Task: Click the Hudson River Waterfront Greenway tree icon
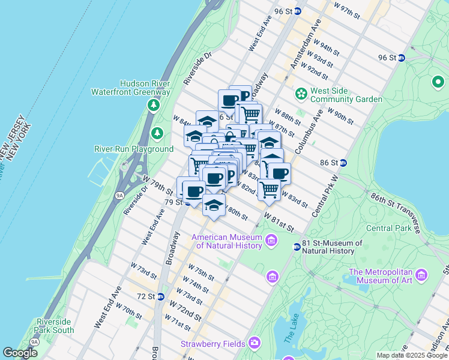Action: click(x=154, y=106)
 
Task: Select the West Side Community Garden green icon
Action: click(x=300, y=94)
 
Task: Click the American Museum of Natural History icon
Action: click(x=271, y=241)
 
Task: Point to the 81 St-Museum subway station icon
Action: click(x=297, y=247)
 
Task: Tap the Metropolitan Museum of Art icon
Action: click(x=422, y=275)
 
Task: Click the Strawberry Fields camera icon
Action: click(x=255, y=343)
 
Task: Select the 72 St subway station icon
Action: click(x=161, y=296)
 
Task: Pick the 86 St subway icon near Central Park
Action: click(x=343, y=163)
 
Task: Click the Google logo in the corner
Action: click(x=20, y=353)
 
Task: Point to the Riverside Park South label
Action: click(x=55, y=325)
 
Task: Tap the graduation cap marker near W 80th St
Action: click(x=214, y=205)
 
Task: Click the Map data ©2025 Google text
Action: click(x=412, y=355)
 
